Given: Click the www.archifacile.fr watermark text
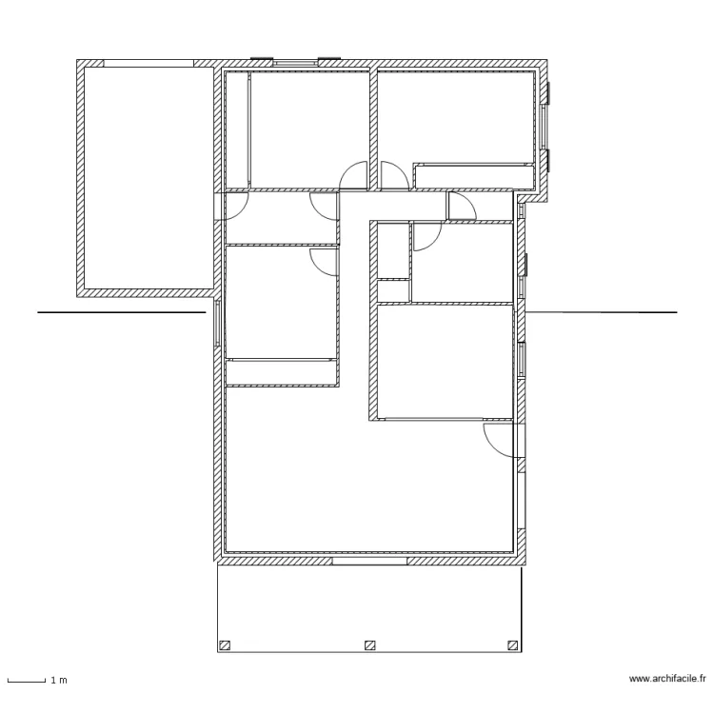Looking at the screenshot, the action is coord(667,679).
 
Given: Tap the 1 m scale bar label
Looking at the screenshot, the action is coord(59,681).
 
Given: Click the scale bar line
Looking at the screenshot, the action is coord(27,682).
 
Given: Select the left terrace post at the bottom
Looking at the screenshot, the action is coord(225,645).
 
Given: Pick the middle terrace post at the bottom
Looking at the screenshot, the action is coord(370,645).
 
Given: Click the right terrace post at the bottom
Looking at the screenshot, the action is coord(513,645).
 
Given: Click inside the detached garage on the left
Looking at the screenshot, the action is coord(149,178).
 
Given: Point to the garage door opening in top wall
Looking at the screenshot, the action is coord(149,63).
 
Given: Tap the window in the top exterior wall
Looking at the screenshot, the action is coord(295,63).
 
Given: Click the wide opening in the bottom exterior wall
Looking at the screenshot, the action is coord(369,561).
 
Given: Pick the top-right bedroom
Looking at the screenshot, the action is coord(456,117).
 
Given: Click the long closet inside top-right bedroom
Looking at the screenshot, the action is coord(474,176).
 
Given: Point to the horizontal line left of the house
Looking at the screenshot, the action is coord(122,312).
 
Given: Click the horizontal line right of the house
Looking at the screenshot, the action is coord(602,312).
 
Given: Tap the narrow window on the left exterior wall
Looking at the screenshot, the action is coord(218,324).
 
